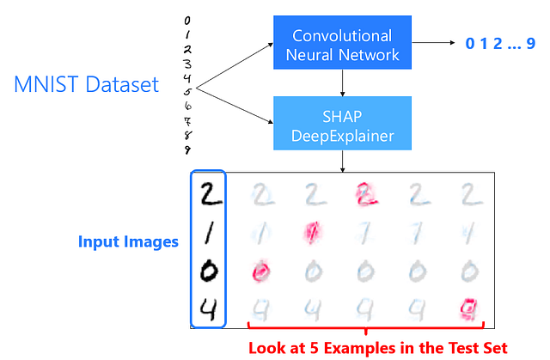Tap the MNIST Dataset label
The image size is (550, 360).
[x=86, y=85]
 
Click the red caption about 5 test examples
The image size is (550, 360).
[x=377, y=347]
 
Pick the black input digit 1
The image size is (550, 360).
[x=209, y=233]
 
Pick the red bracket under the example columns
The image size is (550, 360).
[x=365, y=327]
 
